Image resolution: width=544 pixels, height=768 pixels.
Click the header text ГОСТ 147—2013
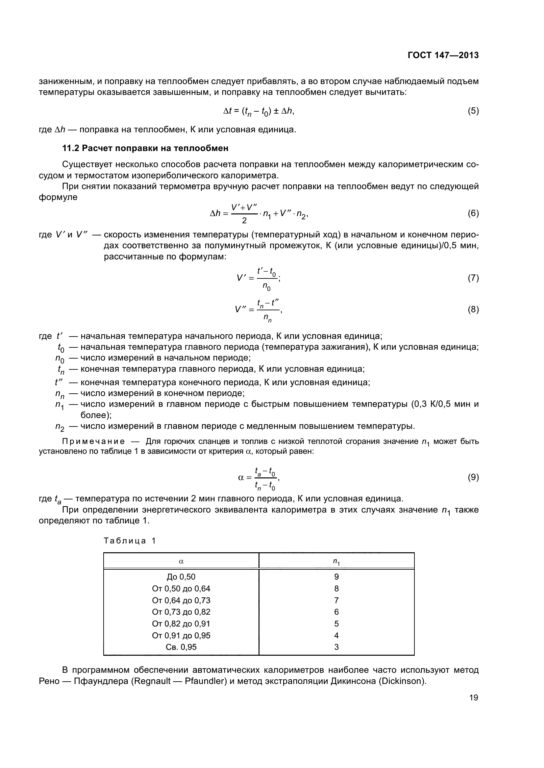click(x=443, y=55)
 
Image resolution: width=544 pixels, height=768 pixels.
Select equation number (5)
click(x=473, y=111)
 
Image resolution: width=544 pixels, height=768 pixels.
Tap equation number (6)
click(x=473, y=213)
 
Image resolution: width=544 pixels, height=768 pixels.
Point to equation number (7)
click(x=473, y=278)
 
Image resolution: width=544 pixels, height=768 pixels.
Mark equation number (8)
click(x=473, y=309)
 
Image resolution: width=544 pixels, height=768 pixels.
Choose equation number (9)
click(x=473, y=477)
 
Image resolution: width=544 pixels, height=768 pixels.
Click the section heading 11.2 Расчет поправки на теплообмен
click(x=145, y=148)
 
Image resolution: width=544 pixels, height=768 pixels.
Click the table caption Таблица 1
click(x=130, y=541)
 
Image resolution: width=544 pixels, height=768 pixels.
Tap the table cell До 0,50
click(x=181, y=577)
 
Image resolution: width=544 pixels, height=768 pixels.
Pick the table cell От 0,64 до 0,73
click(x=181, y=600)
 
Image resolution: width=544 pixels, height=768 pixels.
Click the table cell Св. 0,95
click(x=181, y=647)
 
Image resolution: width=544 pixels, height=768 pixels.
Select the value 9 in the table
click(x=336, y=577)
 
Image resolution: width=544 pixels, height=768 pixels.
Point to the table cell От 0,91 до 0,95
click(x=181, y=635)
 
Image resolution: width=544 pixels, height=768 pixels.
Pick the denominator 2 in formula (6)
click(x=244, y=220)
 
